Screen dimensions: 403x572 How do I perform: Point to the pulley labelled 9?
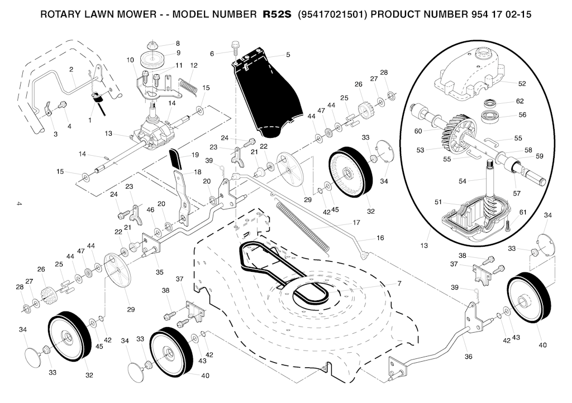[x=150, y=57]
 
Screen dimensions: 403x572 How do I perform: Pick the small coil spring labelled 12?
[x=188, y=85]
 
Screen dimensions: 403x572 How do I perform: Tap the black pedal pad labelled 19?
[x=176, y=159]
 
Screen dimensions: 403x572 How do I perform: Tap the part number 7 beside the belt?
[x=399, y=284]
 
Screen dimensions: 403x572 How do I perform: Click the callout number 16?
[x=380, y=238]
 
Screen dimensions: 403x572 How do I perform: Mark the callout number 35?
[x=159, y=272]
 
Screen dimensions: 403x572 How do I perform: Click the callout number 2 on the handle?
[x=71, y=70]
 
